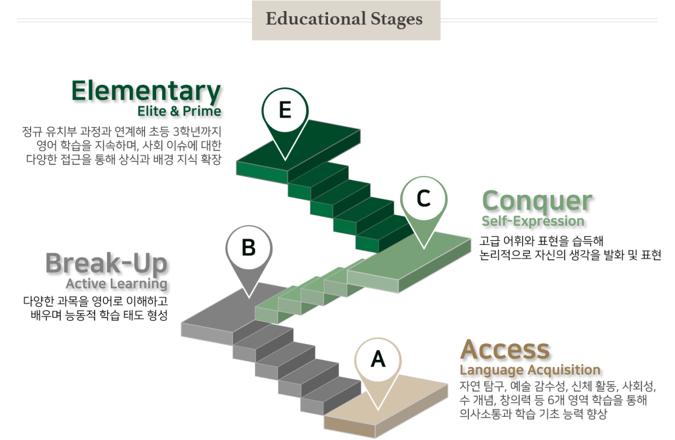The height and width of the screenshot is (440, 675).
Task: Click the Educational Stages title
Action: coord(344,20)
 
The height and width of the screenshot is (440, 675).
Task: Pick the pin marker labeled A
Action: coord(378,361)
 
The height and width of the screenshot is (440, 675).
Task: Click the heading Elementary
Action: coord(146,91)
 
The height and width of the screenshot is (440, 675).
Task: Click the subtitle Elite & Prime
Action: coord(179,111)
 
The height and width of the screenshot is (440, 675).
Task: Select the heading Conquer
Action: coord(537,201)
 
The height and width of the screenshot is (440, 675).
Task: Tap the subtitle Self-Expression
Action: coord(533,221)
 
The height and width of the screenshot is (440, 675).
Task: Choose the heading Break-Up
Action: coord(106,263)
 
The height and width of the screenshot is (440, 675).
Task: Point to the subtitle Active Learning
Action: coord(116,284)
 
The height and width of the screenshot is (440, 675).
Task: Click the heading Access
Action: coord(505,349)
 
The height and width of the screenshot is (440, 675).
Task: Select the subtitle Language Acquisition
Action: coord(530,369)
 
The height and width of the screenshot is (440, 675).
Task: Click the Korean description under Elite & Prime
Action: coord(122,144)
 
